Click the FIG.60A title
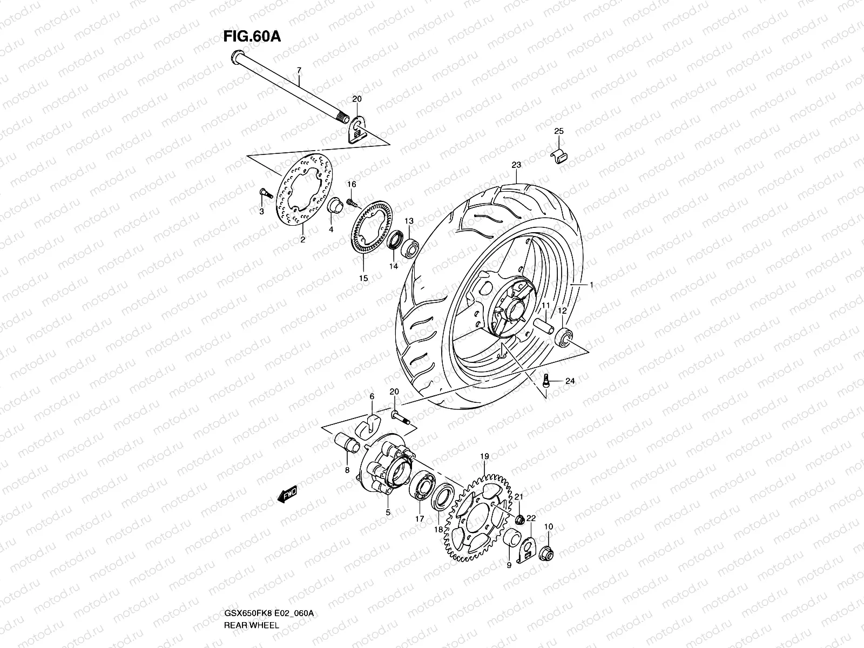coord(252,37)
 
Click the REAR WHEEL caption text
coord(251,625)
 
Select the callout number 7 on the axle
coord(299,71)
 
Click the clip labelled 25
coord(560,155)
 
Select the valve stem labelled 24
coord(546,380)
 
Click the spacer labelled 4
coord(335,208)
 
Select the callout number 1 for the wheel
coord(591,285)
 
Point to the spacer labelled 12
coord(563,337)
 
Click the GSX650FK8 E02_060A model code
coord(268,613)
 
